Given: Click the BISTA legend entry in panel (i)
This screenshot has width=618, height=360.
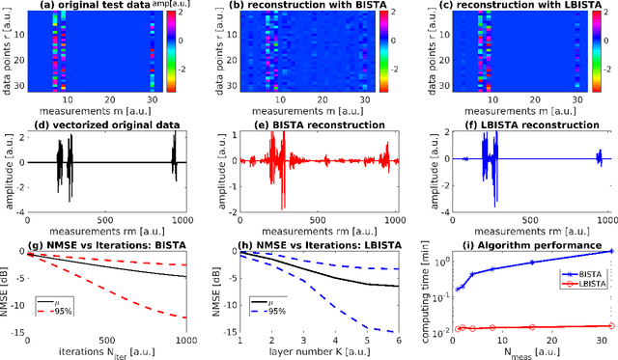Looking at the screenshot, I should point(578,274).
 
